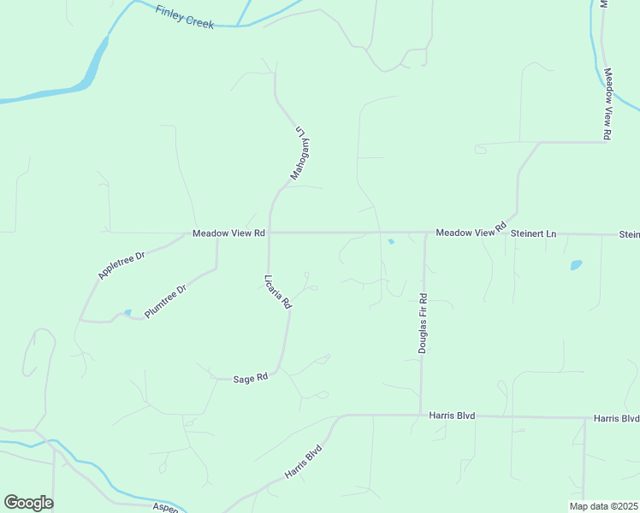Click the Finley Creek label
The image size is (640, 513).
click(185, 16)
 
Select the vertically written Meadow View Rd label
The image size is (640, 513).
click(608, 104)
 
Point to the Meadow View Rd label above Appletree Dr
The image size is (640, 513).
click(228, 233)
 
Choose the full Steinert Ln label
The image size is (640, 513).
click(533, 233)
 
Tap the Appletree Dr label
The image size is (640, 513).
click(122, 265)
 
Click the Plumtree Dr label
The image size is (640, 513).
click(165, 302)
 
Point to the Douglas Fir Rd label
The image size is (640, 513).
click(424, 323)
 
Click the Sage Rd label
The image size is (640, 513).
click(251, 377)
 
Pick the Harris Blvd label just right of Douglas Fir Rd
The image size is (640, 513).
click(453, 416)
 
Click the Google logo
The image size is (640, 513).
click(28, 503)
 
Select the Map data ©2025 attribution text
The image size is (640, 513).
click(603, 506)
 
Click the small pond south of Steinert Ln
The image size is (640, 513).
click(576, 265)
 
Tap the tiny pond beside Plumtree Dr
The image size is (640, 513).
click(127, 312)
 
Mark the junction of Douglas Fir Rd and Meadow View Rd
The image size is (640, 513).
click(424, 233)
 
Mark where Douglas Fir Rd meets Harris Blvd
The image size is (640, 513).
click(420, 416)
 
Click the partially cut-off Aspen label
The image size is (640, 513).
click(165, 508)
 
